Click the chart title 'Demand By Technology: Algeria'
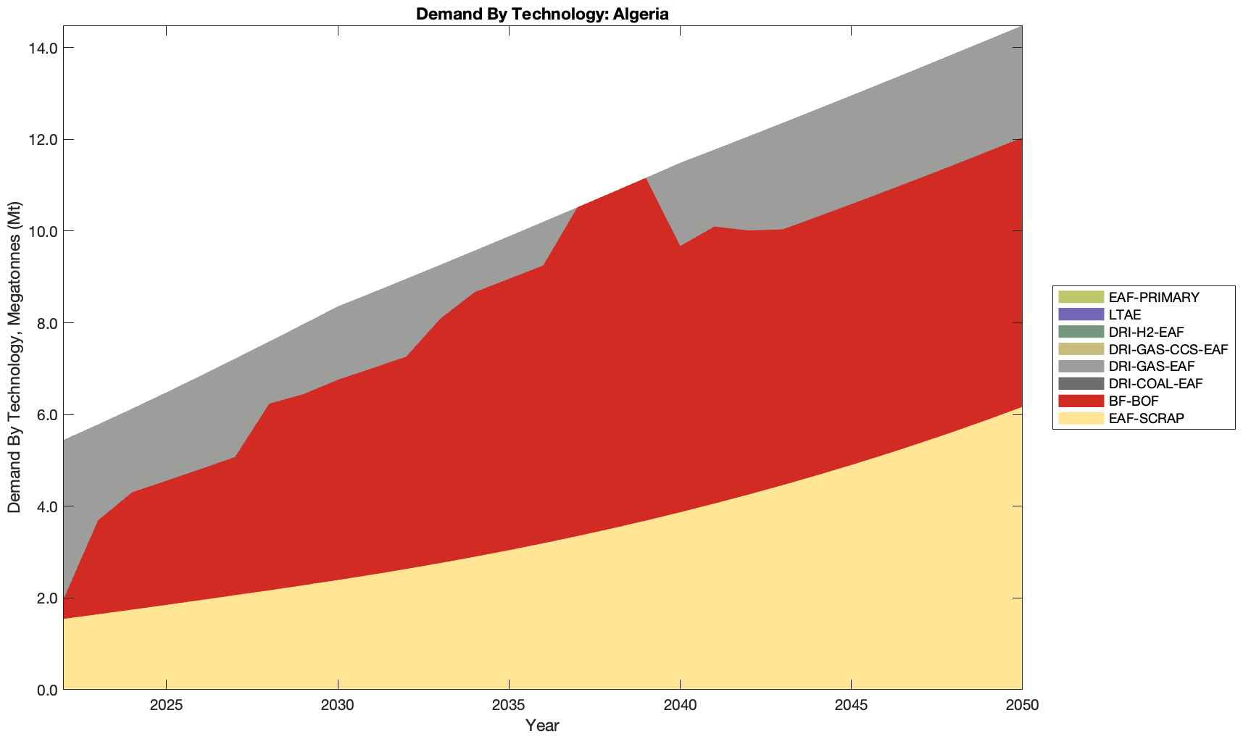(542, 14)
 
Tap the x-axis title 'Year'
(542, 725)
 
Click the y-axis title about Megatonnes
(14, 357)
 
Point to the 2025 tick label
(167, 706)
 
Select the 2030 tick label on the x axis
(338, 706)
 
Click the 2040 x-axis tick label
(680, 706)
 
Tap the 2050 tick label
(1022, 706)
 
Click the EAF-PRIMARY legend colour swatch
(1081, 297)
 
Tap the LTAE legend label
(1125, 314)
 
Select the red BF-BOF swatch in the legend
(1081, 401)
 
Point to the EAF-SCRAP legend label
(1147, 418)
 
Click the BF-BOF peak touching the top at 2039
(645, 180)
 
